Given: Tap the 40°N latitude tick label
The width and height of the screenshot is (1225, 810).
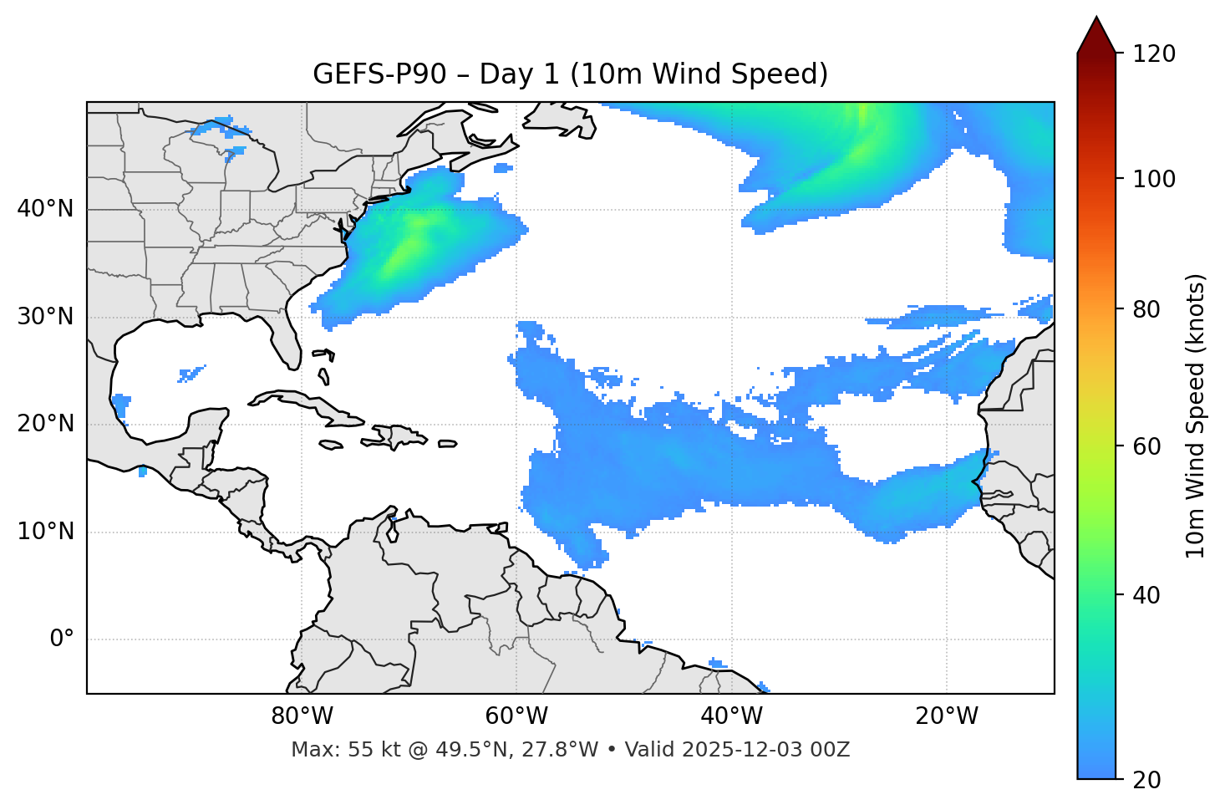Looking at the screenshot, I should click(x=45, y=209).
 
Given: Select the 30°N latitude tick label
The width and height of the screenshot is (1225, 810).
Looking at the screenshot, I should click(x=45, y=317).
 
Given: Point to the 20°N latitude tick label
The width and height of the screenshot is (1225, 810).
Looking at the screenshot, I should click(x=45, y=424).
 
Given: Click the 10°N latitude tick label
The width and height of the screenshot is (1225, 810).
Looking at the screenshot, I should click(x=45, y=532).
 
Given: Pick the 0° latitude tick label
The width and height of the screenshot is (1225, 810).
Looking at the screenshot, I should click(x=62, y=639).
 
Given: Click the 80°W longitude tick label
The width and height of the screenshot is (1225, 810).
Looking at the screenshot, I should click(x=302, y=716).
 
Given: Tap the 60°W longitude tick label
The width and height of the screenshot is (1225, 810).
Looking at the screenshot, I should click(x=516, y=716).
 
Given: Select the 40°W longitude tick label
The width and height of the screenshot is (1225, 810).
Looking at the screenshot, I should click(x=731, y=716).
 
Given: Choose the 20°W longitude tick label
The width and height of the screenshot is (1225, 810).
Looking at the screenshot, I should click(x=946, y=716).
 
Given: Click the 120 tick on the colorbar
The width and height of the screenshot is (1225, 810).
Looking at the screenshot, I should click(x=1154, y=54).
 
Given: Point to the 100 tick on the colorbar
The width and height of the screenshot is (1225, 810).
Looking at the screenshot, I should click(x=1154, y=179).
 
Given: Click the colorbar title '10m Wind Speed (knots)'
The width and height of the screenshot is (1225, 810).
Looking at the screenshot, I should click(x=1196, y=415).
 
